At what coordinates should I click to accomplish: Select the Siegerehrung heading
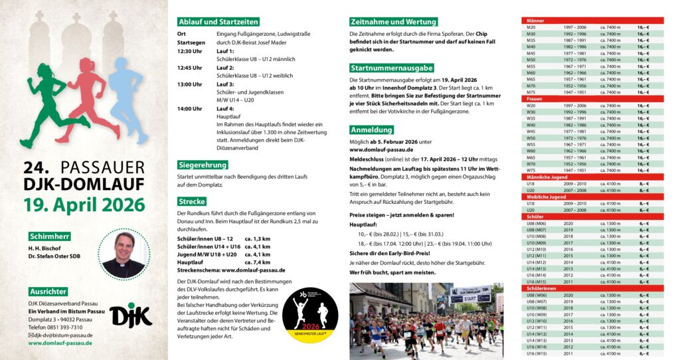pyautogui.click(x=204, y=165)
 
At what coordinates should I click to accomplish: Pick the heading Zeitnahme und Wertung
pyautogui.click(x=393, y=22)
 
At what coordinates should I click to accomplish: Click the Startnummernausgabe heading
pyautogui.click(x=391, y=68)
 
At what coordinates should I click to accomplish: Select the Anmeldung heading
pyautogui.click(x=372, y=130)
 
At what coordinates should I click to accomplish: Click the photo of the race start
pyautogui.click(x=426, y=321)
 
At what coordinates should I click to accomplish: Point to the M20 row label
pyautogui.click(x=531, y=27)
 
